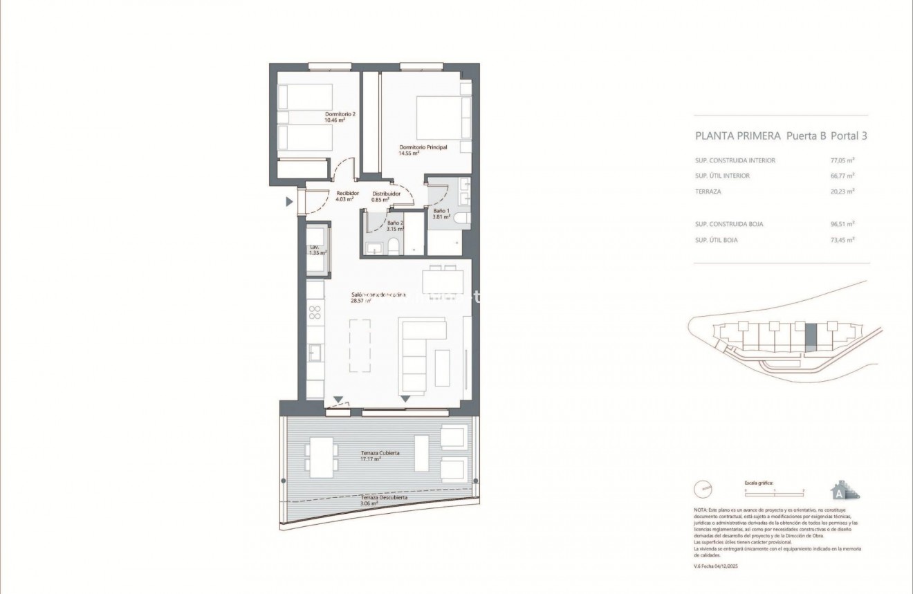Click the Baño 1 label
[x=441, y=212]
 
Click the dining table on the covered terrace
[x=322, y=457]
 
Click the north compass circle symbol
[x=703, y=490]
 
